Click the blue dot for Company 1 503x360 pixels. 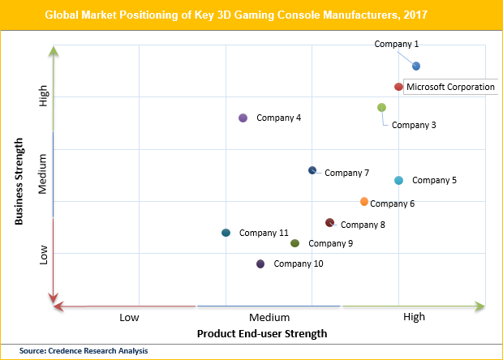[416, 66]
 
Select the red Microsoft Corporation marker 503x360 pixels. [398, 87]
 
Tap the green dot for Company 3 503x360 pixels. [381, 108]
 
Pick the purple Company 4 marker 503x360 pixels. [243, 118]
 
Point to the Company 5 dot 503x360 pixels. [398, 180]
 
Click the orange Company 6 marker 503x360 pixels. [364, 201]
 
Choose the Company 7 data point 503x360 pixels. [312, 170]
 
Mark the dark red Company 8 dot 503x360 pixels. [329, 222]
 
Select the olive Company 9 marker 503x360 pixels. [294, 243]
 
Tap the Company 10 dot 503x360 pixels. [260, 264]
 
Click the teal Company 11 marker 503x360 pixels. [226, 233]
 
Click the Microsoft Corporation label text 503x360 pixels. [450, 87]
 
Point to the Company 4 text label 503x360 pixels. [279, 118]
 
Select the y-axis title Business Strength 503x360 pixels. [19, 181]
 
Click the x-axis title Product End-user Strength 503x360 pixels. [262, 333]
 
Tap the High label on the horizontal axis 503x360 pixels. [414, 317]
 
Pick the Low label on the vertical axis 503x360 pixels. [45, 255]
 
